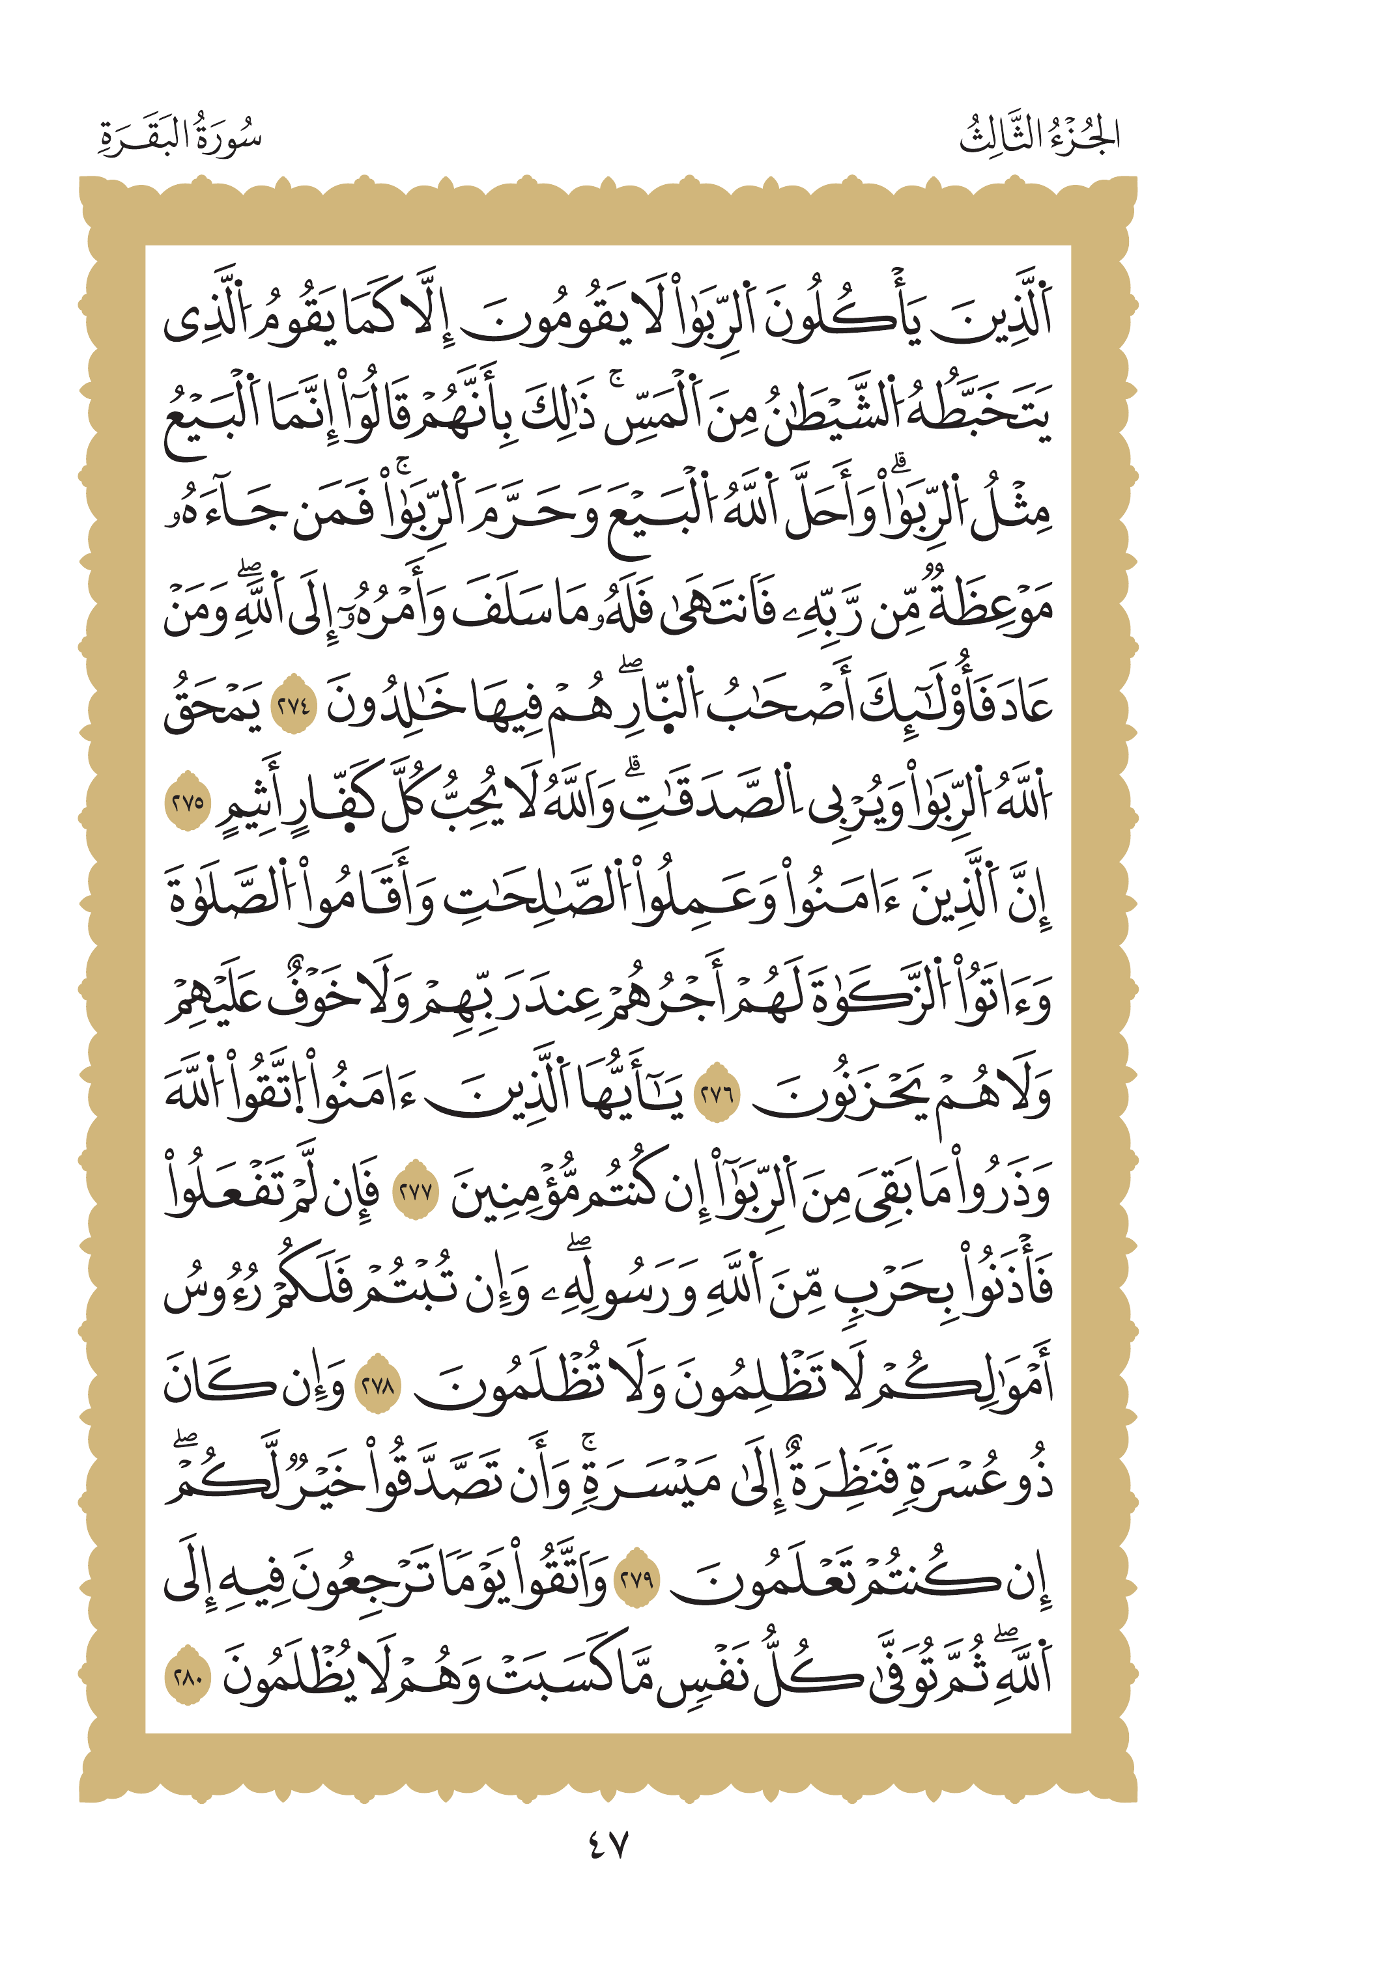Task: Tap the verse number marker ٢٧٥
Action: [x=187, y=803]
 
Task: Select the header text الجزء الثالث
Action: [x=1039, y=136]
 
